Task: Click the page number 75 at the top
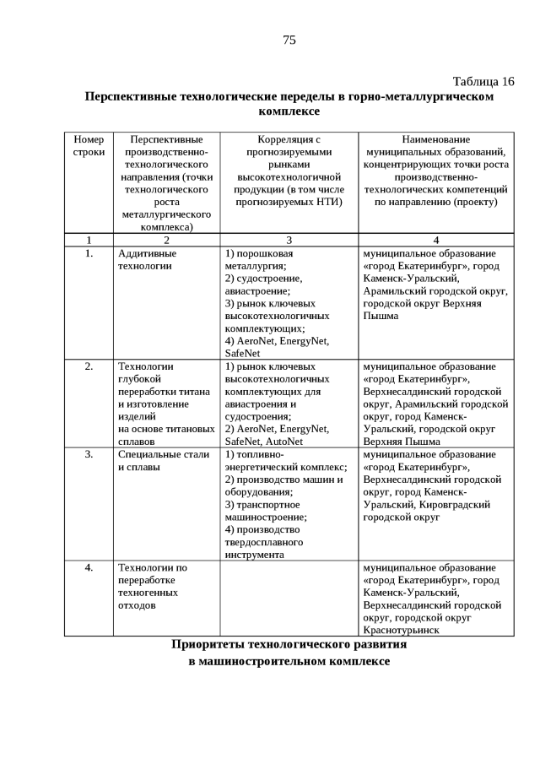(x=289, y=40)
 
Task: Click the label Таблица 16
(x=483, y=81)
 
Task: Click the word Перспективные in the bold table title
(x=129, y=96)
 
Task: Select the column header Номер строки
(x=89, y=145)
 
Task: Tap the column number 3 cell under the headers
(x=289, y=240)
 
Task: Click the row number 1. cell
(x=89, y=252)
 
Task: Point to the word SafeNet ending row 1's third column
(x=242, y=353)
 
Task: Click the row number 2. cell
(x=89, y=366)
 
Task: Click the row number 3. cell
(x=89, y=454)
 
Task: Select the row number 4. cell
(x=89, y=567)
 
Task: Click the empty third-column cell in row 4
(x=289, y=598)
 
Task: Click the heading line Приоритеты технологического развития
(x=289, y=644)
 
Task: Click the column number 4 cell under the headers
(x=435, y=240)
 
